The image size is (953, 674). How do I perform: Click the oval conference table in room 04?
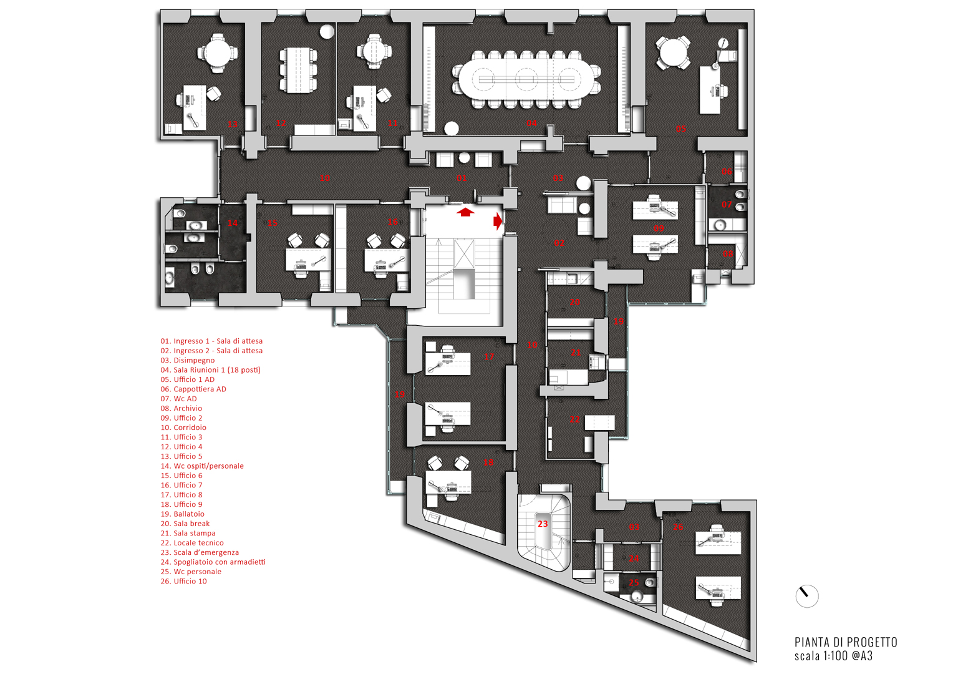coord(527,79)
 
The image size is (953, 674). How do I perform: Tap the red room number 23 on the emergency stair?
coord(543,524)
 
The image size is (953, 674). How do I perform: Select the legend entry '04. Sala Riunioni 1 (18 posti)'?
coord(210,370)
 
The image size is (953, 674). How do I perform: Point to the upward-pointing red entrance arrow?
coord(465,212)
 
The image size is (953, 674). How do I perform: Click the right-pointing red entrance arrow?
coord(498,221)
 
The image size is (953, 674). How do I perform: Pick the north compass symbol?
coord(806,596)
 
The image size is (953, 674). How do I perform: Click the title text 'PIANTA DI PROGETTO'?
coord(846,642)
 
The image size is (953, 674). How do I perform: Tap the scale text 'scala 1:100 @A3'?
coord(833,656)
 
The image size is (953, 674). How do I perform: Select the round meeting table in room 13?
coord(218,52)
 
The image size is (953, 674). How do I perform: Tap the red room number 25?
coord(634,582)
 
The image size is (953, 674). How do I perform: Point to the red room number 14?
coord(233,223)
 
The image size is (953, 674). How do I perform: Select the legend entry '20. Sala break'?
coord(185,524)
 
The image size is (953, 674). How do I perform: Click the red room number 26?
coord(678,527)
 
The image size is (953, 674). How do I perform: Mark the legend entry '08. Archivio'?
coord(181,408)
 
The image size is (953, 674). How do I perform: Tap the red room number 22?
coord(574,420)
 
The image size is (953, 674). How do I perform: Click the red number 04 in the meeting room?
coord(531,123)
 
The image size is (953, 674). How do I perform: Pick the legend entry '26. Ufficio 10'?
coord(183,581)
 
